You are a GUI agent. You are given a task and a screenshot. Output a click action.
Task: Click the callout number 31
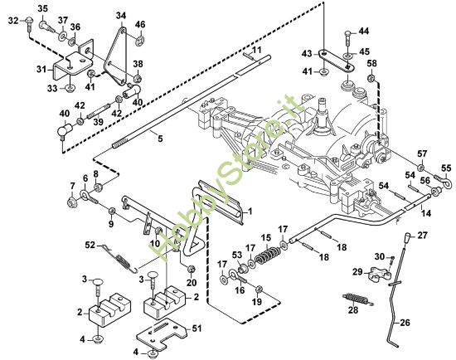click(x=42, y=70)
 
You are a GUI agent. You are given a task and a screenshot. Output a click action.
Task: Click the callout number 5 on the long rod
click(x=161, y=138)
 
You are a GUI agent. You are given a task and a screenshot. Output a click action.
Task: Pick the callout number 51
click(x=196, y=328)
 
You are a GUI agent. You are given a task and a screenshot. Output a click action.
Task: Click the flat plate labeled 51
click(x=162, y=333)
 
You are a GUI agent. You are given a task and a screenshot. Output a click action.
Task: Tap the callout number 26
click(x=405, y=322)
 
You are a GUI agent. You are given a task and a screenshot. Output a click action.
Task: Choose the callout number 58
click(x=371, y=63)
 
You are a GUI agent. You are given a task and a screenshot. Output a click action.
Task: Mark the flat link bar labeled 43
click(x=337, y=61)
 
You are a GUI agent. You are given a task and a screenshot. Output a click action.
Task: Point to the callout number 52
click(x=90, y=245)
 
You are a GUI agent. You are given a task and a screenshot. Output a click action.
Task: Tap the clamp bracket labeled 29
click(x=380, y=274)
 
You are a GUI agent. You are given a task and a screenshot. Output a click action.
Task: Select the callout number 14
click(x=426, y=213)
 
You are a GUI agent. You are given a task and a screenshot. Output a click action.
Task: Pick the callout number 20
click(x=192, y=282)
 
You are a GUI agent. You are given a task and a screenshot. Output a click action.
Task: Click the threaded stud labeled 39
click(x=98, y=110)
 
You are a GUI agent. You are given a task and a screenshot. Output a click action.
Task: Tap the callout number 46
click(x=140, y=24)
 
